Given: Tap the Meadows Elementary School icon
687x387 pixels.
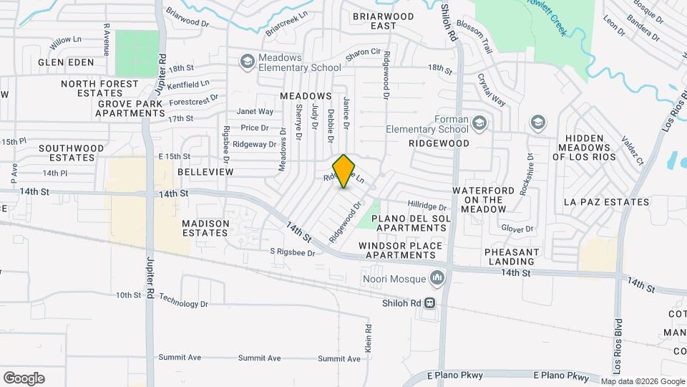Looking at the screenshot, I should (248, 61).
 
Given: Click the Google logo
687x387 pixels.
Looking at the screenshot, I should (24, 378).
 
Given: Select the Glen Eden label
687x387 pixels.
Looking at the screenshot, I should (67, 62).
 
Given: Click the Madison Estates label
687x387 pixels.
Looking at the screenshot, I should (206, 228).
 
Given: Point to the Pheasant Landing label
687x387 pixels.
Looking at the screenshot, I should (512, 257).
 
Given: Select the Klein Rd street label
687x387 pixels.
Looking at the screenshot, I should (369, 338).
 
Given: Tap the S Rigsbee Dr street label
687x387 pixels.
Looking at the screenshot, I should (292, 252).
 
